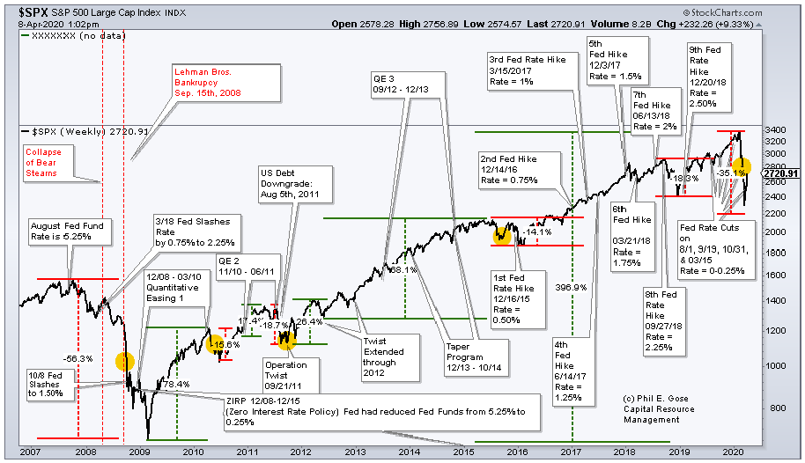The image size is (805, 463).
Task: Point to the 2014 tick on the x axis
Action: coord(409,451)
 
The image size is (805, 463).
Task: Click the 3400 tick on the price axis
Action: coord(775,130)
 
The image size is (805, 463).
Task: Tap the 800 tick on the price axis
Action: coord(773,408)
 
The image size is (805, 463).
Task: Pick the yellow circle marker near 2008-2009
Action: coord(125,361)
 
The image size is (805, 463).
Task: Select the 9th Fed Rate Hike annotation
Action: coord(709,77)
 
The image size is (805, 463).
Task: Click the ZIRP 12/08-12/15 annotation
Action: coord(371,412)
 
